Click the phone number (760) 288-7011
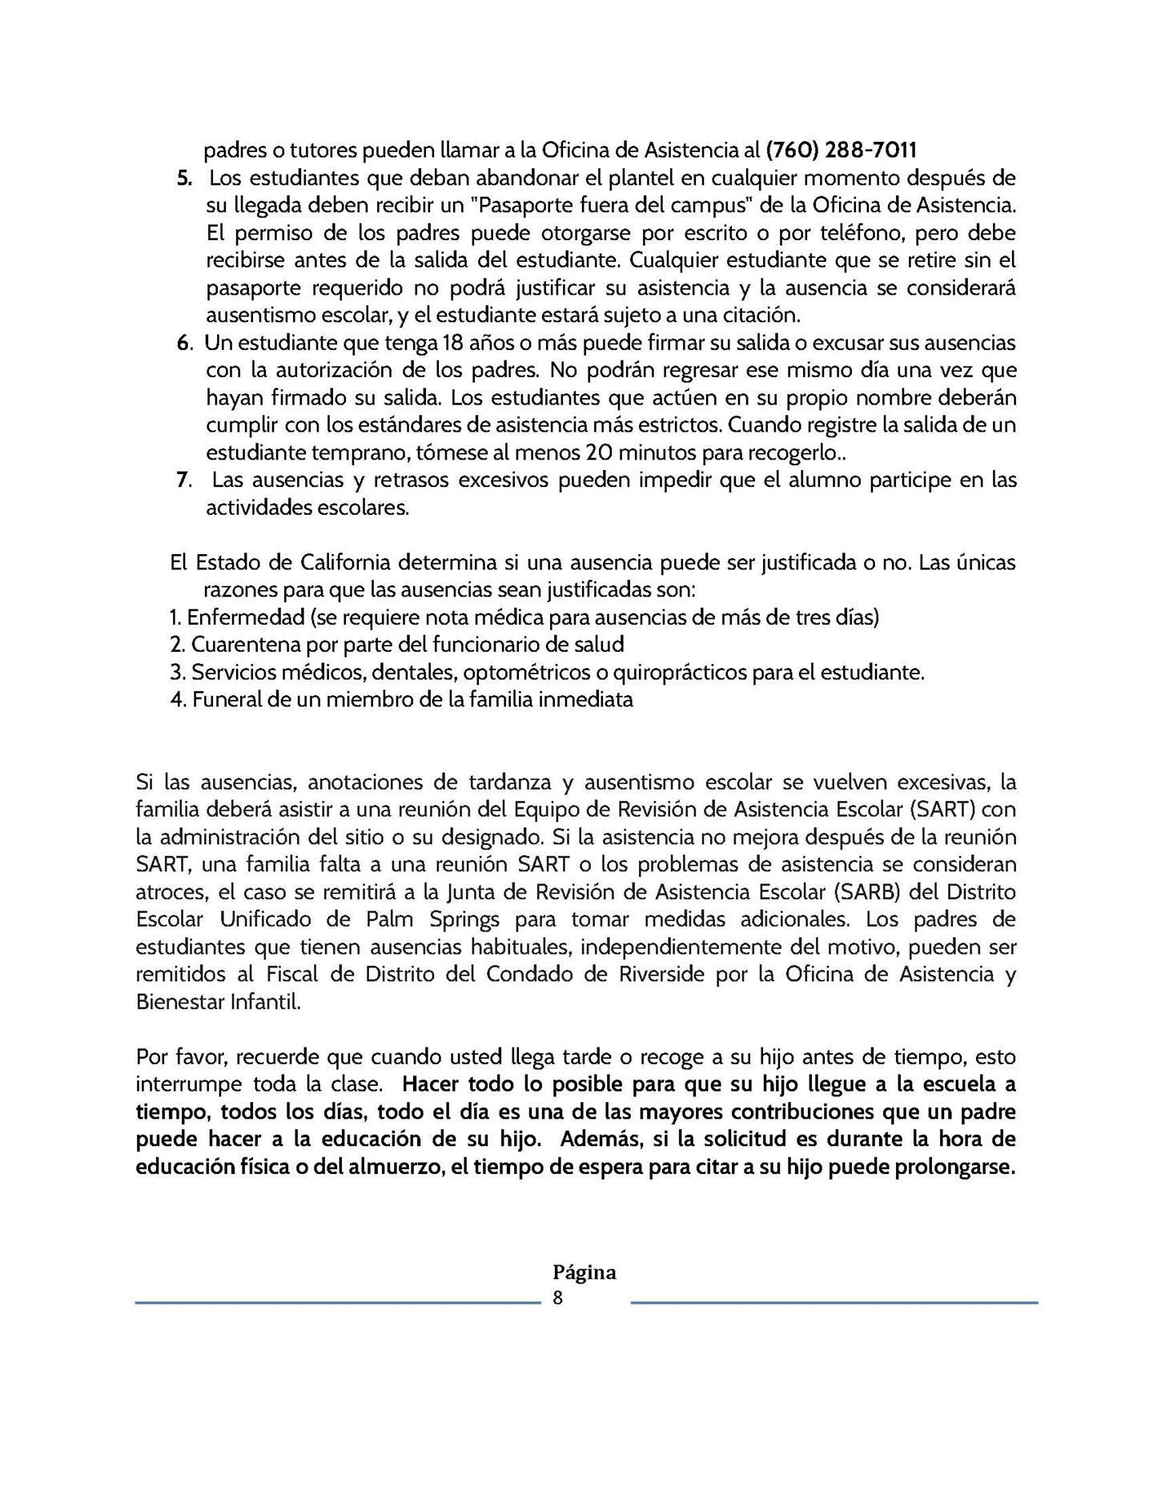[841, 150]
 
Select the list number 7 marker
[183, 480]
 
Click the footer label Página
[585, 1273]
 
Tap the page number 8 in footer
[558, 1298]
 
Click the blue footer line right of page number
[834, 1303]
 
